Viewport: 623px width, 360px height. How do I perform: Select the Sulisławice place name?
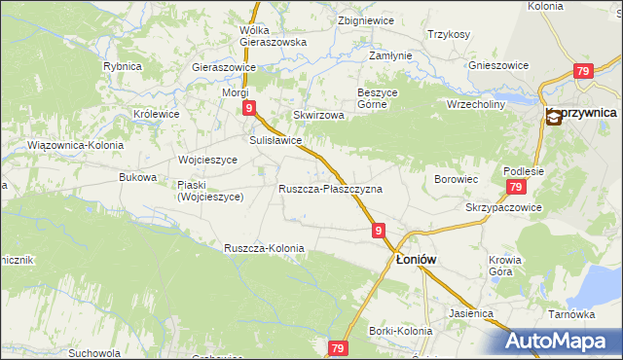tap(275, 140)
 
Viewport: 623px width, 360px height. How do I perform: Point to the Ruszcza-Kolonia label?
tap(264, 248)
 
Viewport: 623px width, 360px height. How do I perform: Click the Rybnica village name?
tap(123, 66)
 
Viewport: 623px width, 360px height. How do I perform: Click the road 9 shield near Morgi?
tap(250, 108)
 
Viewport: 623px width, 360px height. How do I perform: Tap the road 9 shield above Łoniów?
tap(379, 231)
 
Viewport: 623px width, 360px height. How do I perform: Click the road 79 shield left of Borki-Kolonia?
tap(339, 348)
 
